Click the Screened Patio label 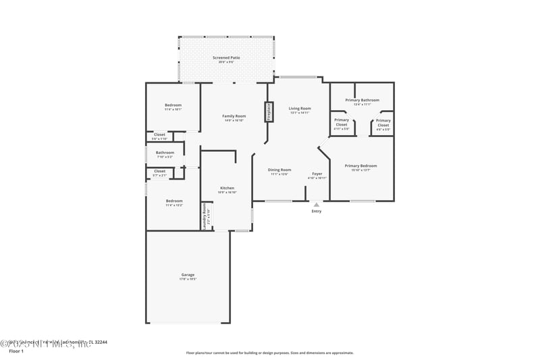226,58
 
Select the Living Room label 300,109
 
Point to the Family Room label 234,116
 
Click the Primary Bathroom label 362,100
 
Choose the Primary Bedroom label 360,165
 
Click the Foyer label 317,174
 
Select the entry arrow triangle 316,204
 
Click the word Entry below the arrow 316,211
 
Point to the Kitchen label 227,188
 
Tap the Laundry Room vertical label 205,216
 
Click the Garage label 188,275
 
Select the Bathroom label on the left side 165,153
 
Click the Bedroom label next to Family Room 173,105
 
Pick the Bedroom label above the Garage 174,201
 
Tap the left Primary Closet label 341,123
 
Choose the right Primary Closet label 383,123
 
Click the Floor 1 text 16,351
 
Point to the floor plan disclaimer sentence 269,353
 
